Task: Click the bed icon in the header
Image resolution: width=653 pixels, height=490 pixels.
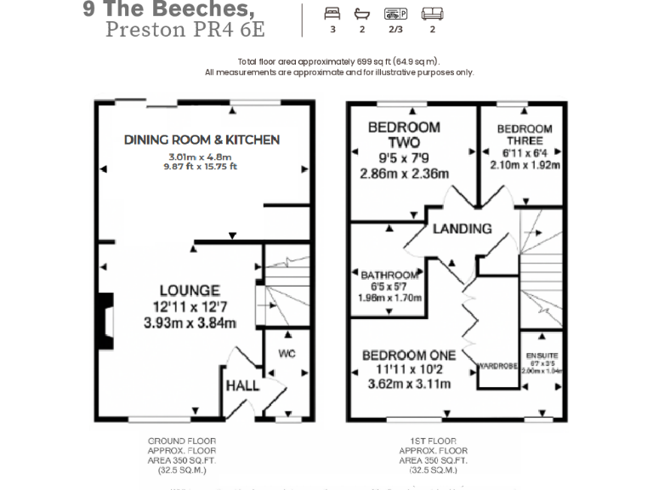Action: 332,14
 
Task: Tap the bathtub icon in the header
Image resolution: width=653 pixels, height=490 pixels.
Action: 362,14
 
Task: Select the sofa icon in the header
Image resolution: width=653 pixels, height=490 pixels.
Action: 433,14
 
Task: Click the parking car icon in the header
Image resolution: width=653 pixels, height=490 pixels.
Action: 395,14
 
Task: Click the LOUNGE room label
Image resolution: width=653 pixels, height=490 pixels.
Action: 189,291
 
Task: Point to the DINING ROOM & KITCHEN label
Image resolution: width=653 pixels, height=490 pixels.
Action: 202,140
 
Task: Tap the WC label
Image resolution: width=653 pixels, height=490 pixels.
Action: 286,353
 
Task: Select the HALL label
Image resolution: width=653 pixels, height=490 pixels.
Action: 242,385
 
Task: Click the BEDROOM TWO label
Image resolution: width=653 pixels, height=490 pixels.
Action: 404,134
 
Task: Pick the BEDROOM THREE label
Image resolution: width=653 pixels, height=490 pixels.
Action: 525,134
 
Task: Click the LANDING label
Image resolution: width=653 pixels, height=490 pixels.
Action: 462,228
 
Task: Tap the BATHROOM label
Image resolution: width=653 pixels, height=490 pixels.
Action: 389,275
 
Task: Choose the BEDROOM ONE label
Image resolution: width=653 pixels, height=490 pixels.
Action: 408,355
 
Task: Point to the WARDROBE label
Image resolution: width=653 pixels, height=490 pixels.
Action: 497,367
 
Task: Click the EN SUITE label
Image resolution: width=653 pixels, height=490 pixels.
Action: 541,355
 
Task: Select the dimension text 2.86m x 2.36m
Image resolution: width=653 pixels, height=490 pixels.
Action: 404,174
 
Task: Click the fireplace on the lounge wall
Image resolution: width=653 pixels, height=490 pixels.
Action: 104,322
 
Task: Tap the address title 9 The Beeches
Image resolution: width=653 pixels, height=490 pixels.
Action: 168,10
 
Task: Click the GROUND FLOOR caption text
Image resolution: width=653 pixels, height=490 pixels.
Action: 181,441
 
